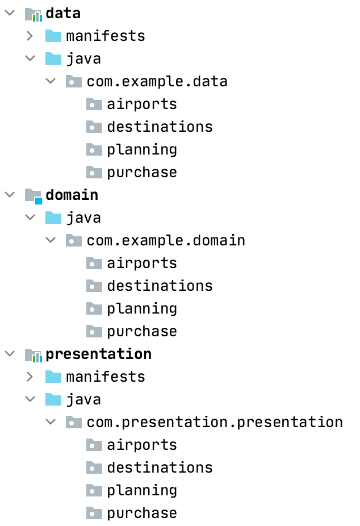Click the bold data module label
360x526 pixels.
pyautogui.click(x=62, y=13)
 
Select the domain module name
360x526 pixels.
pyautogui.click(x=72, y=195)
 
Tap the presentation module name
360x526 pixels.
pyautogui.click(x=98, y=354)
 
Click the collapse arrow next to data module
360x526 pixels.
pyautogui.click(x=10, y=13)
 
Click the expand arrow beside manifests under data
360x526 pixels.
pyautogui.click(x=31, y=36)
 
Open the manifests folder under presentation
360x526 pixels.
pyautogui.click(x=105, y=377)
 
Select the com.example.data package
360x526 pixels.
pyautogui.click(x=157, y=81)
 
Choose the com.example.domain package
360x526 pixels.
pyautogui.click(x=166, y=240)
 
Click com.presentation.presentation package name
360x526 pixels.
pyautogui.click(x=215, y=422)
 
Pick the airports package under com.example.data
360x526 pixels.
pyautogui.click(x=141, y=104)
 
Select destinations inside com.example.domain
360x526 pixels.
pyautogui.click(x=160, y=286)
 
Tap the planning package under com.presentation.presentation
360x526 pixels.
pyautogui.click(x=141, y=490)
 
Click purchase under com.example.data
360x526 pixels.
pyautogui.click(x=141, y=172)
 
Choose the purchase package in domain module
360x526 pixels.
pyautogui.click(x=141, y=331)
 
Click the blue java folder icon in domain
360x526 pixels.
pyautogui.click(x=53, y=218)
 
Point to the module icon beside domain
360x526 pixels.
pyautogui.click(x=34, y=195)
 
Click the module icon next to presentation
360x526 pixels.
pyautogui.click(x=34, y=354)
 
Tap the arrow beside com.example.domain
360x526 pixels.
pyautogui.click(x=51, y=240)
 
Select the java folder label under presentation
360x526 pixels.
pyautogui.click(x=83, y=399)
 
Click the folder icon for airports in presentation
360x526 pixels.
pyautogui.click(x=94, y=445)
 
